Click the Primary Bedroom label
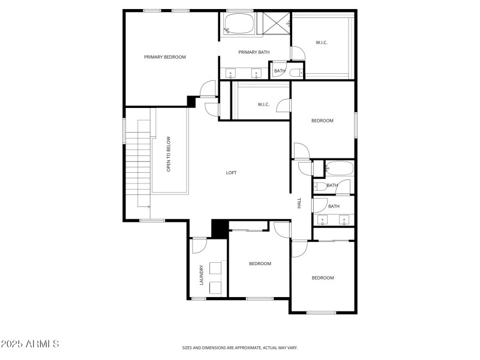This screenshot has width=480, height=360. pos(165,57)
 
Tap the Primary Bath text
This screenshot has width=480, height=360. pos(254,52)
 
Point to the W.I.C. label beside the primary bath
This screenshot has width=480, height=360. pos(322,42)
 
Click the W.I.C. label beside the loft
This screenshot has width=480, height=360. pos(264,104)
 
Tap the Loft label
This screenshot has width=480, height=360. pos(231,173)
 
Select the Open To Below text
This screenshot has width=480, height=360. pos(169,154)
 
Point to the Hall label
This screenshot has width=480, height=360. pos(299,203)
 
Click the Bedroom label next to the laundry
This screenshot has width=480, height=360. pos(260,263)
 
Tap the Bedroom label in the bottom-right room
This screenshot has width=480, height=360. pos(322,278)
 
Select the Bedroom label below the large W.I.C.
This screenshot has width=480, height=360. pos(322,121)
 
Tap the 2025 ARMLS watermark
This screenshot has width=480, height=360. pos(30,344)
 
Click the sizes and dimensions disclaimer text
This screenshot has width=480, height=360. pos(240,347)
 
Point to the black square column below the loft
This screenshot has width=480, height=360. pos(219,229)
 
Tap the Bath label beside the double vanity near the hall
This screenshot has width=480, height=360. pos(334,206)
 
